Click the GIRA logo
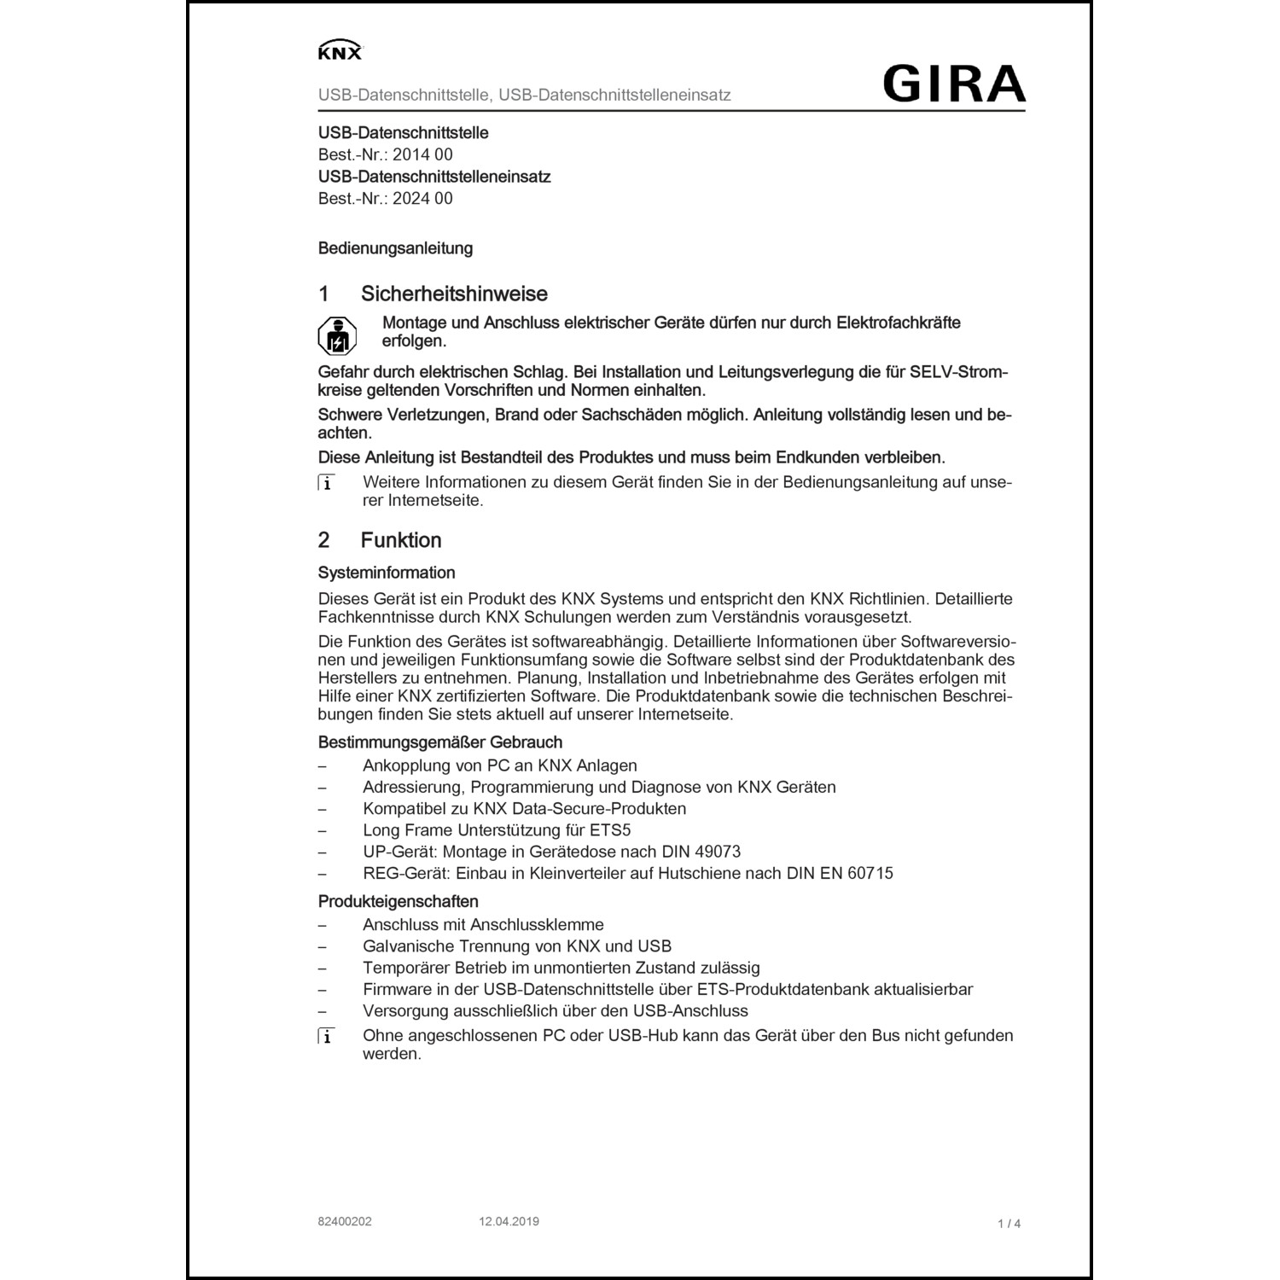pos(953,84)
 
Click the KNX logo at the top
pos(340,51)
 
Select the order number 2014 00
pos(422,155)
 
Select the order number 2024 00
pos(422,199)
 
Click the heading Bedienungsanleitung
pos(395,249)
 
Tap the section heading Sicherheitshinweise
pos(454,294)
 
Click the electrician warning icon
pos(337,336)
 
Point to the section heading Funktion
pos(401,540)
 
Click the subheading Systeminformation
pos(387,573)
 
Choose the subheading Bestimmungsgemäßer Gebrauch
pos(440,742)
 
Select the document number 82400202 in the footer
pos(345,1222)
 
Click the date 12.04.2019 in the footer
pos(509,1222)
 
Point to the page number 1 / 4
pos(1009,1224)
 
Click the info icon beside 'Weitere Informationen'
pos(326,483)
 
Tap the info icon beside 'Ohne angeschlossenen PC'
pos(326,1036)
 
